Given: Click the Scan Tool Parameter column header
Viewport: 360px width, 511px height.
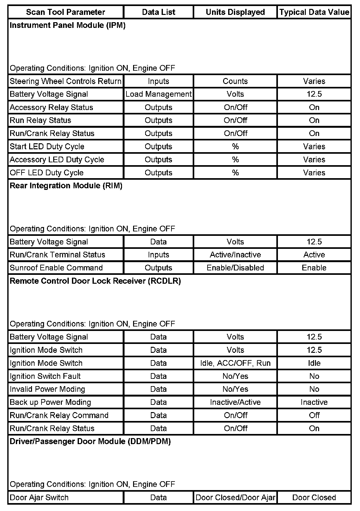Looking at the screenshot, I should click(66, 12).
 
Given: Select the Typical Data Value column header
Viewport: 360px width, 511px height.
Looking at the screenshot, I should click(314, 12).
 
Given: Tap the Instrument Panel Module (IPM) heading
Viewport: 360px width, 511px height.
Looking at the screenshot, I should click(67, 25).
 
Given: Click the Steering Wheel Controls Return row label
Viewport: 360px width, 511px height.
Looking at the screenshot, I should click(66, 81).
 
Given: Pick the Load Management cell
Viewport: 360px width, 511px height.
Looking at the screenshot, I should click(158, 94).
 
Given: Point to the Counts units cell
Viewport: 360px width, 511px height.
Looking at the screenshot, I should click(235, 81).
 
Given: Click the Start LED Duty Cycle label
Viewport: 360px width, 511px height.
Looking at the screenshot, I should click(47, 146).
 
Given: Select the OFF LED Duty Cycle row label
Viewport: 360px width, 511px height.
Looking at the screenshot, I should click(47, 173).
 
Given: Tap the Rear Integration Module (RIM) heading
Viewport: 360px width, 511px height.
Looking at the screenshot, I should click(66, 186).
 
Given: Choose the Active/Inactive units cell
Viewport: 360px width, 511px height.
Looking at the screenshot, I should click(235, 255).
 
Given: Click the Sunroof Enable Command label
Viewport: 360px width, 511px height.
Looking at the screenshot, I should click(56, 268).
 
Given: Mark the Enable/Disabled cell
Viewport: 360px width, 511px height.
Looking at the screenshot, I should click(235, 268).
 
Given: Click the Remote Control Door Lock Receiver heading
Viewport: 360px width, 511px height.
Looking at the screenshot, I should click(95, 281).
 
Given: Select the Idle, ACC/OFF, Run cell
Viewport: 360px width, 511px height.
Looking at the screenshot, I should click(235, 363).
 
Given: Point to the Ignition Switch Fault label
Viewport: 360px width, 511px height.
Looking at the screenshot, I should click(45, 376).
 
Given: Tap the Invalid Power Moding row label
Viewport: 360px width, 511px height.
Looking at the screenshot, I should click(47, 389).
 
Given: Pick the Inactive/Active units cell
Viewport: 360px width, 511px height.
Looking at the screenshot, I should click(235, 402).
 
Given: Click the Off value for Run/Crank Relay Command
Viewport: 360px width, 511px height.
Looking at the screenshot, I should click(314, 415).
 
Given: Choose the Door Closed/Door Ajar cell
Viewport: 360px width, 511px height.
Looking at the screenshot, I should click(235, 498).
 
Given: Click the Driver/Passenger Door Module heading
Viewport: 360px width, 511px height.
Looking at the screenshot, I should click(90, 442).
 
